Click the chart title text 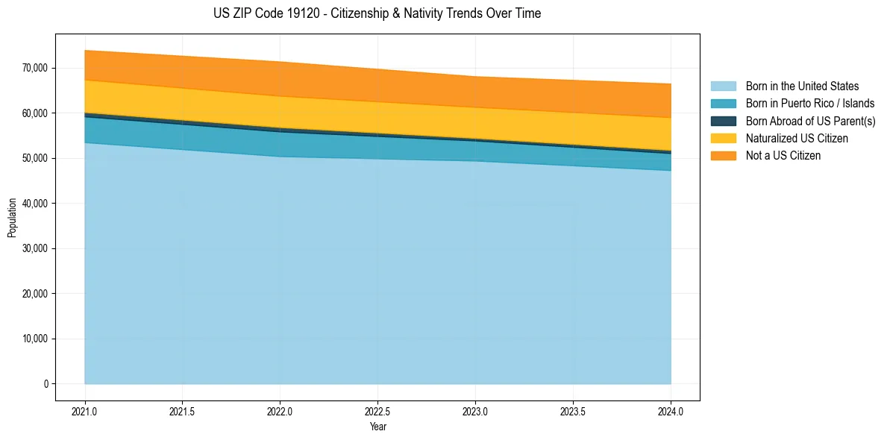click(377, 13)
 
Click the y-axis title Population click(12, 218)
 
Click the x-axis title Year click(377, 427)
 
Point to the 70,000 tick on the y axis click(35, 68)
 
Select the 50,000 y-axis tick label click(35, 158)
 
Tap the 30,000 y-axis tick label click(35, 248)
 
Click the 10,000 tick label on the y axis click(35, 339)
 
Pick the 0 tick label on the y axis click(46, 384)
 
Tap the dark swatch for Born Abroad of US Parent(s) click(723, 121)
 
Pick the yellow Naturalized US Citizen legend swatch click(723, 138)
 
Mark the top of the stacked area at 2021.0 click(85, 51)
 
